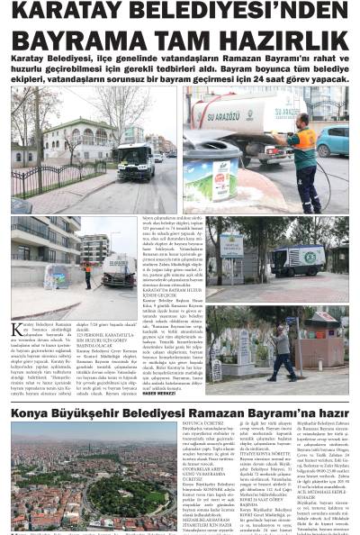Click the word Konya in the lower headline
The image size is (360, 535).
[x=31, y=413]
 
